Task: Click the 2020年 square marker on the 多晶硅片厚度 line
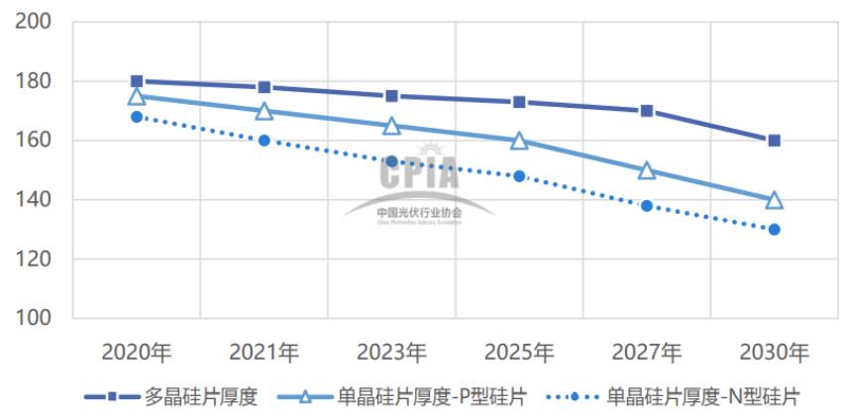(x=137, y=81)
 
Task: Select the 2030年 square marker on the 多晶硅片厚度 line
(x=774, y=141)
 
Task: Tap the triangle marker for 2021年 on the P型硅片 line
(x=264, y=111)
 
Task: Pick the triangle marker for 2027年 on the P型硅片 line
(x=647, y=170)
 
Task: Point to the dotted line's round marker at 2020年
(x=137, y=117)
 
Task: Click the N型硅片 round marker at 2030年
(x=774, y=230)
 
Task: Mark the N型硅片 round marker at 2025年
(x=519, y=176)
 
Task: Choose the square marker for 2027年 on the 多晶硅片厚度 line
(x=647, y=111)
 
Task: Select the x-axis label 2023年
(x=391, y=352)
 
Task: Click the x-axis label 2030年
(x=774, y=352)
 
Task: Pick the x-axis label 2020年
(x=137, y=352)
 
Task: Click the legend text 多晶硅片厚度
(x=201, y=397)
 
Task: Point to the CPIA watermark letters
(x=419, y=175)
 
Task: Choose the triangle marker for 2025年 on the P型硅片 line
(x=519, y=141)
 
